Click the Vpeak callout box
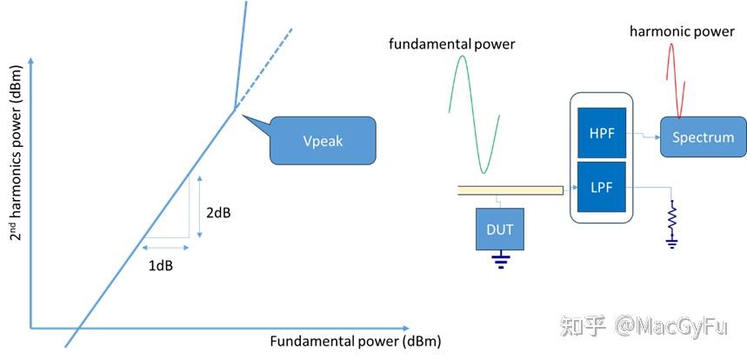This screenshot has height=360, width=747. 323,140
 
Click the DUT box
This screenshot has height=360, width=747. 500,229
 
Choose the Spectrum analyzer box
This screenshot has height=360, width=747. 703,137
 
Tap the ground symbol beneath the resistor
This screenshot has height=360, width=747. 671,243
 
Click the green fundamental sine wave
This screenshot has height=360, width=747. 474,113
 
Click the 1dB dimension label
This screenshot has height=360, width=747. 159,265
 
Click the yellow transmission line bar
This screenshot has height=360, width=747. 510,190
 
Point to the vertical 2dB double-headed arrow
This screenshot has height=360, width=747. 200,207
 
